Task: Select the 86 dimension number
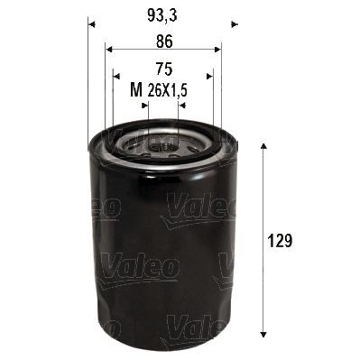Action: point(163,41)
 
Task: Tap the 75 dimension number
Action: point(163,68)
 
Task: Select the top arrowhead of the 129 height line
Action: point(263,145)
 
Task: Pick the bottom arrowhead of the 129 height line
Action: point(263,331)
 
